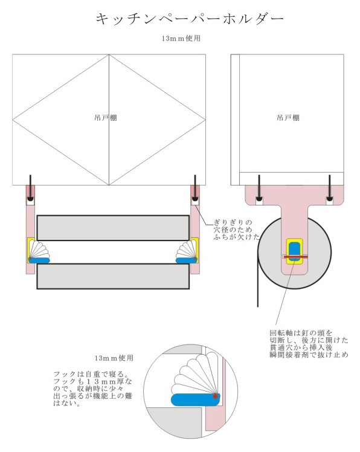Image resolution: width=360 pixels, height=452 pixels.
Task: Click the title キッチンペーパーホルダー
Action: pos(190,19)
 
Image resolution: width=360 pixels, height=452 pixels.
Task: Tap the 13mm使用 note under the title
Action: pos(181,38)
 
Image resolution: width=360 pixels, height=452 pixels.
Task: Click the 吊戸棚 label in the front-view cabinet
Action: pos(106,118)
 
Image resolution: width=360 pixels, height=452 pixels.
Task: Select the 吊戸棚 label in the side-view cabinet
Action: pos(288,118)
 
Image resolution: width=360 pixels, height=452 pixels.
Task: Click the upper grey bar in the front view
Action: pos(113,228)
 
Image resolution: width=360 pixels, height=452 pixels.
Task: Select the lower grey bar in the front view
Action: pos(113,276)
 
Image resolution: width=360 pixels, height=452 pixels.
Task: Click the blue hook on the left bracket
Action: pos(39,260)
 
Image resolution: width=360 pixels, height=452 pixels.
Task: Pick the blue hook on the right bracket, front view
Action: pos(187,260)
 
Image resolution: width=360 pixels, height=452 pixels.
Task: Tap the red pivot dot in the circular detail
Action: pos(215,396)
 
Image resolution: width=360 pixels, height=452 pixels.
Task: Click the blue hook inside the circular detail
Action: pos(196,400)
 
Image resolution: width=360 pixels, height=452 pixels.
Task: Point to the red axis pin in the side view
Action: pos(296,256)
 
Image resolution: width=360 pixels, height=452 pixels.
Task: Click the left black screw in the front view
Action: pos(30,188)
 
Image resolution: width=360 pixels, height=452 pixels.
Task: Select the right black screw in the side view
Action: pos(329,188)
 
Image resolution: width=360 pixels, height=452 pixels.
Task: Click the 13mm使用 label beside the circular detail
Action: pos(114,358)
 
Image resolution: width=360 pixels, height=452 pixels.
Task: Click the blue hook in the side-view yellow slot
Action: pos(294,251)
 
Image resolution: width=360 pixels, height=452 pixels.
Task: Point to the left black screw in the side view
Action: pos(259,188)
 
